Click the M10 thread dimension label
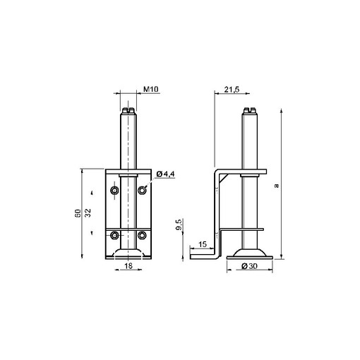coord(151,89)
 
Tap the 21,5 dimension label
coord(232,90)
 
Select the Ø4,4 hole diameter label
coord(166,174)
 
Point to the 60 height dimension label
coord(78,213)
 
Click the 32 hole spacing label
coord(88,213)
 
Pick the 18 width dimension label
coord(128,266)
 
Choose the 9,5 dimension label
coord(179,224)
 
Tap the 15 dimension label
coord(203,244)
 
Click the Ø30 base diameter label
coord(250,266)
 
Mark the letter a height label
coord(277,186)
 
